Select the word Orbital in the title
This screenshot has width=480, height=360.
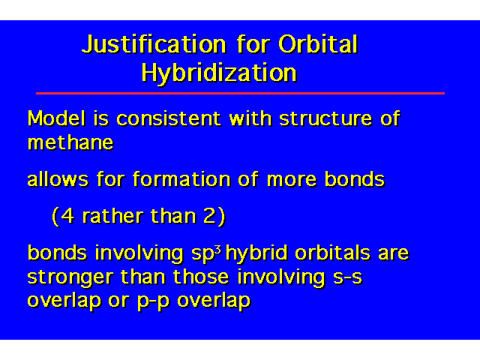tap(318, 44)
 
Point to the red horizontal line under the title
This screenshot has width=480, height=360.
tap(240, 93)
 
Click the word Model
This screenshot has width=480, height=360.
tap(56, 118)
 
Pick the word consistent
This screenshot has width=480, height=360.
tap(169, 118)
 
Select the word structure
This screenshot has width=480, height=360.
tap(325, 118)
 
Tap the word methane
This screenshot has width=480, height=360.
tap(70, 142)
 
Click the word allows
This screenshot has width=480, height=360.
tap(58, 179)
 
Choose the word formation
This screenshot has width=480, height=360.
tap(181, 179)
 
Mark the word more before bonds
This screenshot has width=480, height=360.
tap(292, 180)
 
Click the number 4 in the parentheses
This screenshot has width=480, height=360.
tap(67, 216)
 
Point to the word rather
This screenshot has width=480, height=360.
tap(112, 216)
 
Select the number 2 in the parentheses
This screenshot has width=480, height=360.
tap(210, 216)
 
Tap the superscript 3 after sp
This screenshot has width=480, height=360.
tap(218, 250)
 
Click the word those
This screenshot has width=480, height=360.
tap(201, 277)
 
